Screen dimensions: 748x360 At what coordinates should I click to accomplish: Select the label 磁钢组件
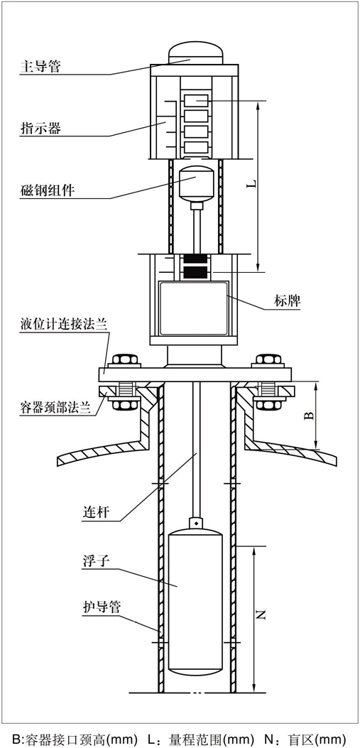[47, 190]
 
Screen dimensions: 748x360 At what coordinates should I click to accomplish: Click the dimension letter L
[251, 185]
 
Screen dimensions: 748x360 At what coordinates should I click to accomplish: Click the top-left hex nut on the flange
[123, 359]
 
